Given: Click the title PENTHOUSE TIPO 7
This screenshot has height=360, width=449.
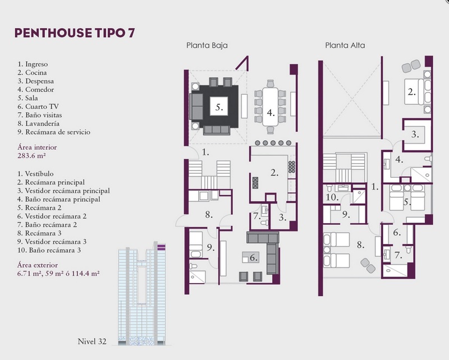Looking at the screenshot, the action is coord(75,33).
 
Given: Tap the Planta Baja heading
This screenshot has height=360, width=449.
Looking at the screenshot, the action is coord(207,45).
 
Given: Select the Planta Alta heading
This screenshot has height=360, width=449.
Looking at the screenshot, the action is coord(345,45).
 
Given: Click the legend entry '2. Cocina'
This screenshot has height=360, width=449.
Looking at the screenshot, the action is coord(32,73).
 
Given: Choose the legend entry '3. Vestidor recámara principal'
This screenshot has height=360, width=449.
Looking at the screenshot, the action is coord(63,191).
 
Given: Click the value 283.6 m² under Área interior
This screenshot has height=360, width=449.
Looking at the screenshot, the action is coord(32,156).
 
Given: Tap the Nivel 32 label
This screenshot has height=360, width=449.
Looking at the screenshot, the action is coord(92,341).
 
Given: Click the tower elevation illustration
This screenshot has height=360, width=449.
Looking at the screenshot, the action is coord(142,293).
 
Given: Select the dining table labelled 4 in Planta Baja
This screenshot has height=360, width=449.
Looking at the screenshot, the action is coord(271,107).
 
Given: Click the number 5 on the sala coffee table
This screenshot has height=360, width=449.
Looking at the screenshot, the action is coord(219,108).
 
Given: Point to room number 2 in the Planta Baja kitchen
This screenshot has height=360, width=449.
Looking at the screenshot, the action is coord(274,173).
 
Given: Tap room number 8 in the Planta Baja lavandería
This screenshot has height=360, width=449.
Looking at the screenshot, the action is coord(209,215).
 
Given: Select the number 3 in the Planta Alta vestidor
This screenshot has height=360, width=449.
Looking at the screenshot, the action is coord(415,134).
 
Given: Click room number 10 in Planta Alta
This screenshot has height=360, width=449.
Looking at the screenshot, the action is coord(332,197).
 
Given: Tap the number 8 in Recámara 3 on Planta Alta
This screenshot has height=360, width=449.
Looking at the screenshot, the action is coord(360,245).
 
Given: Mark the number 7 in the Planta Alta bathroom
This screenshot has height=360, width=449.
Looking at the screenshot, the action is coord(398,255).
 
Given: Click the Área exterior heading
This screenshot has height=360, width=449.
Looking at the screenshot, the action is coord(38,265).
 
